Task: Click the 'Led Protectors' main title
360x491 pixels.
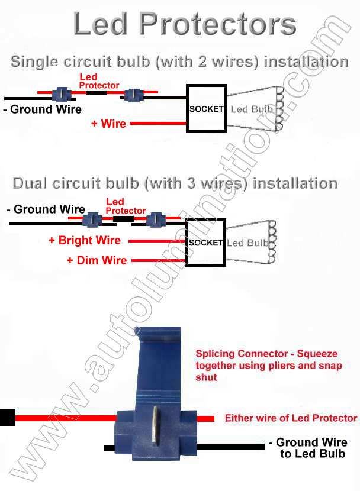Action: point(184,25)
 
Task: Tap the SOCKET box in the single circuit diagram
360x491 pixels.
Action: point(206,109)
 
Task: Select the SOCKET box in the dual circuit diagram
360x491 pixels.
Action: point(205,243)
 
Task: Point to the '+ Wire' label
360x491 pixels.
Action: point(108,124)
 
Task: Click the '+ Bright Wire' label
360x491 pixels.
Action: point(85,241)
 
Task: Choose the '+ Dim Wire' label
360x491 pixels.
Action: point(97,260)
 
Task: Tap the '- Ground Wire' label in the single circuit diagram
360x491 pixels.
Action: point(42,109)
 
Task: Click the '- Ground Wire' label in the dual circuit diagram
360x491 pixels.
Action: point(46,209)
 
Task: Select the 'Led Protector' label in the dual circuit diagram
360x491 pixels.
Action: point(125,206)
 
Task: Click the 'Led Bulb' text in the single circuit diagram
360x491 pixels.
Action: point(252,109)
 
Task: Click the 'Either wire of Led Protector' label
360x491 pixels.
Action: point(291,418)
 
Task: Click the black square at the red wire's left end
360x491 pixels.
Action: point(7,417)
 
